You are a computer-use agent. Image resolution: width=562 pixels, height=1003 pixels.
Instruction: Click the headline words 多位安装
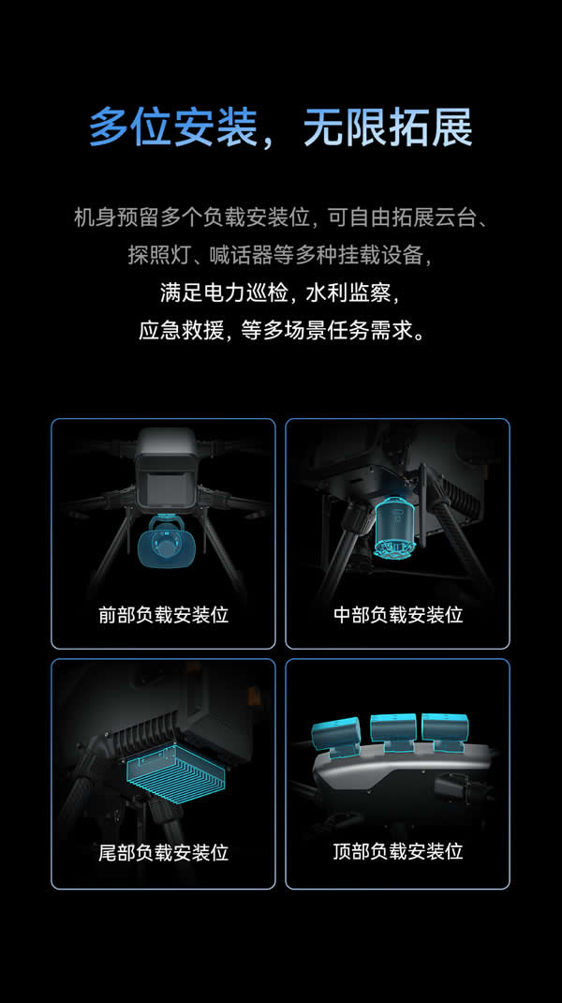click(172, 127)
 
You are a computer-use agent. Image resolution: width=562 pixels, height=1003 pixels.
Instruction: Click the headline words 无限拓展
click(388, 127)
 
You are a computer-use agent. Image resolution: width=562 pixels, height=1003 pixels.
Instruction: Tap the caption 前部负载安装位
click(163, 615)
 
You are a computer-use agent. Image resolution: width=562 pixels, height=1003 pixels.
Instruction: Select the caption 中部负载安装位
click(398, 615)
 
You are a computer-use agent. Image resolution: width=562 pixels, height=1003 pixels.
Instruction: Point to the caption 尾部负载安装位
click(163, 853)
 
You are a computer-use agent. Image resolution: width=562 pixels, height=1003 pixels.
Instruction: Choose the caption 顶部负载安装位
click(398, 851)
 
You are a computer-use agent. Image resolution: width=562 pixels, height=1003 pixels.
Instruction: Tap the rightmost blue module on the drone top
click(444, 732)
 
